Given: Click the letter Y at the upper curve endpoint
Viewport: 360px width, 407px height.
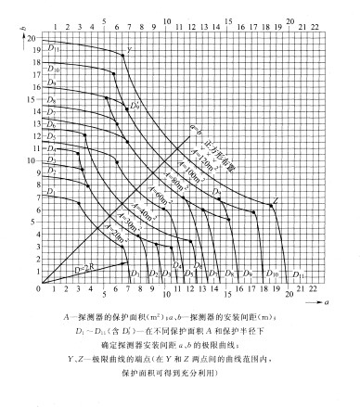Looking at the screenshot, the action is coord(128,48).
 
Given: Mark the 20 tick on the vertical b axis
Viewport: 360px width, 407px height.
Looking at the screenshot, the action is coord(31,38).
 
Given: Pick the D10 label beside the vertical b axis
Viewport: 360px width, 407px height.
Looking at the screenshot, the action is coord(53,70).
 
